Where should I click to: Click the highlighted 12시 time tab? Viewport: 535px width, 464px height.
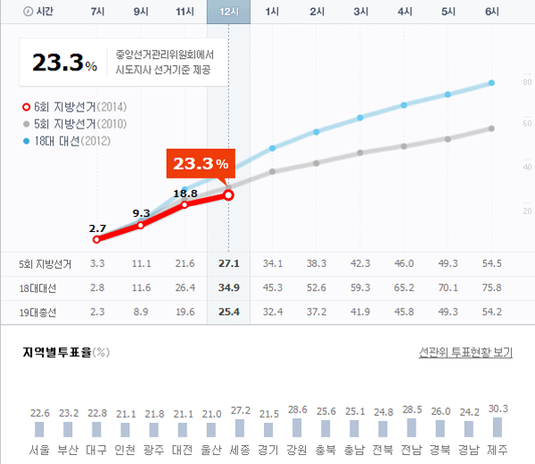(x=228, y=12)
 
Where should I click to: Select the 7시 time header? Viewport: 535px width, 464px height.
(x=98, y=12)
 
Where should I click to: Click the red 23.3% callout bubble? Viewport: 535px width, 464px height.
(x=201, y=164)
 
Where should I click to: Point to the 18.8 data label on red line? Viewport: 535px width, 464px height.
(x=185, y=194)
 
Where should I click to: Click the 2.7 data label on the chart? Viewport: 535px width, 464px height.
(x=98, y=228)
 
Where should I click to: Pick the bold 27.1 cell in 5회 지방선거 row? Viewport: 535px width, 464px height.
(x=228, y=264)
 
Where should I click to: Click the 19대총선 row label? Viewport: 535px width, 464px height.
(x=37, y=312)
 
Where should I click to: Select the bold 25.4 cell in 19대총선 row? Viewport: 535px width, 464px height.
(x=228, y=312)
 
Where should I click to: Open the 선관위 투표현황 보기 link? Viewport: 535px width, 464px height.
(x=465, y=352)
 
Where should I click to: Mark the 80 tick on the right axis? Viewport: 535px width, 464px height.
(x=526, y=83)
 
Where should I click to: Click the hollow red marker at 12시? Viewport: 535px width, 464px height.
(x=228, y=195)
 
